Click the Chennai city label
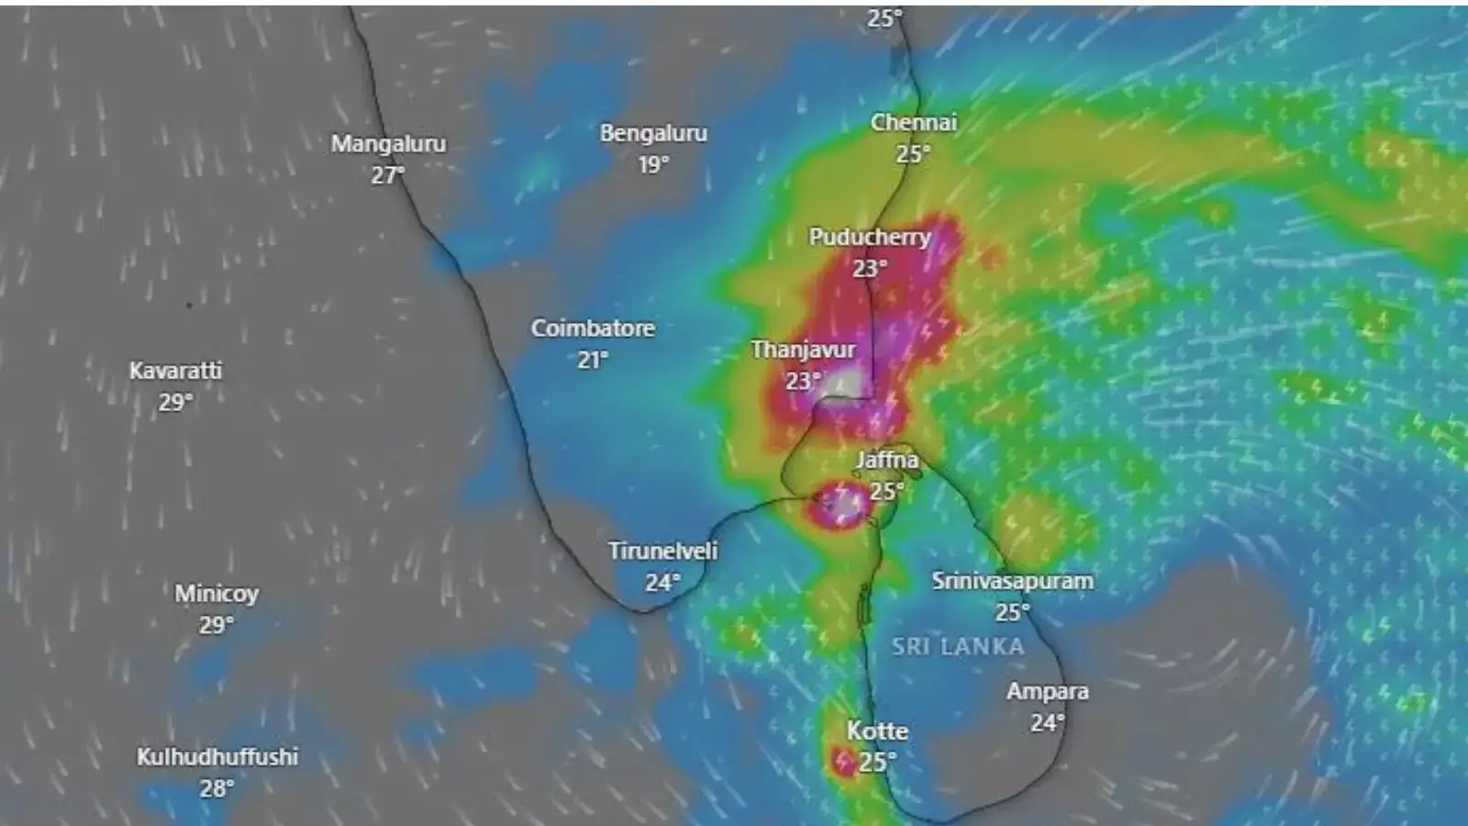click(913, 123)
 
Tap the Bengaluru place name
click(653, 134)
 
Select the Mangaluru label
click(388, 144)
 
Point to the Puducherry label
click(869, 237)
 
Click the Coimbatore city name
click(593, 329)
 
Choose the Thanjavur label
click(803, 350)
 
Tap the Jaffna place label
click(886, 460)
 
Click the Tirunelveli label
click(662, 552)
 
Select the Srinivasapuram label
click(1012, 581)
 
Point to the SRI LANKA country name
click(957, 647)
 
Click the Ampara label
click(1047, 692)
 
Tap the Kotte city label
click(877, 731)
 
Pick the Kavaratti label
click(175, 371)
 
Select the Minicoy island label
click(217, 594)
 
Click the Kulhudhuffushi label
click(217, 757)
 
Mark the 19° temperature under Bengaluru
click(653, 165)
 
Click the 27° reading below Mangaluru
click(387, 175)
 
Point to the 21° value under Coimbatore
click(592, 360)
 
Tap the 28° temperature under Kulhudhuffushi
click(217, 788)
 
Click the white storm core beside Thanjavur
click(845, 384)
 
